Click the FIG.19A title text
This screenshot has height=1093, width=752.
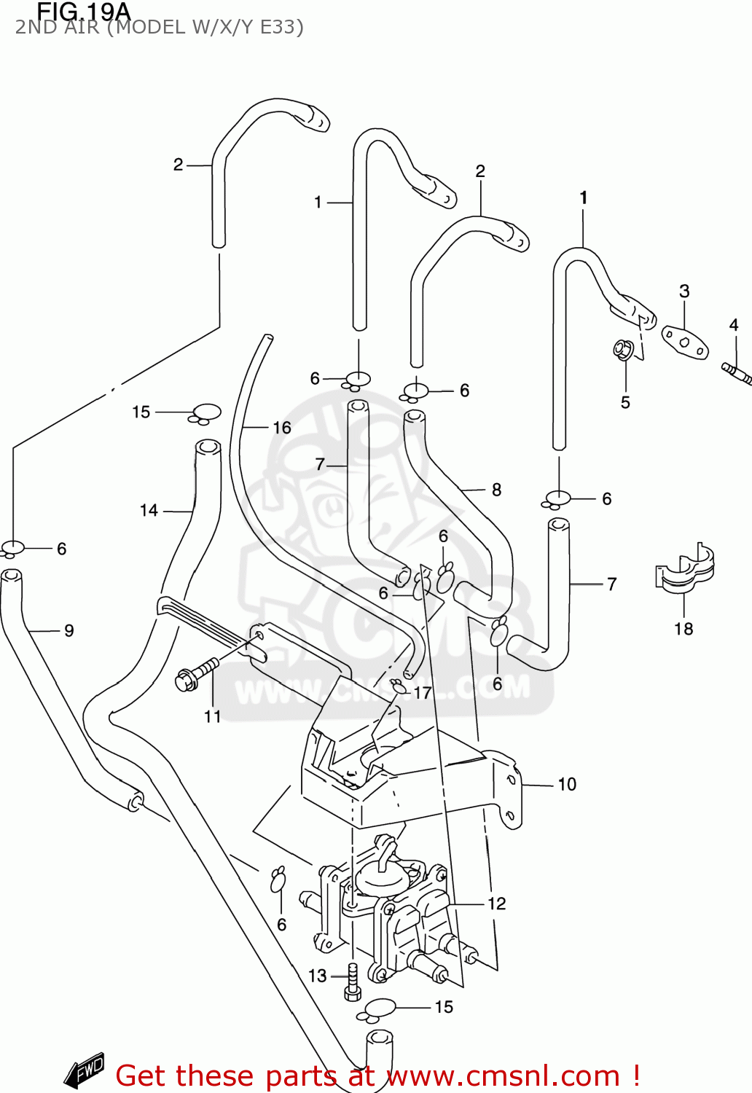[x=83, y=12]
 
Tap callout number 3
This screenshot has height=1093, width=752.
[x=684, y=291]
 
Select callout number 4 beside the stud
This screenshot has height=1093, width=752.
[x=734, y=325]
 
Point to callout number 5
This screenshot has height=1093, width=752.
[x=625, y=402]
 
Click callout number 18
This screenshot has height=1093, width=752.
[x=684, y=629]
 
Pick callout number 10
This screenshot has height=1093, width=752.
[x=567, y=784]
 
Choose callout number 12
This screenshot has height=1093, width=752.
[x=497, y=904]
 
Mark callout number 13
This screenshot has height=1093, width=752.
[x=318, y=976]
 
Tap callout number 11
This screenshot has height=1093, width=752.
[x=212, y=717]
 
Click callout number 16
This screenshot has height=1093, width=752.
[x=282, y=428]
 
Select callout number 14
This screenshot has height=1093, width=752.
[x=149, y=511]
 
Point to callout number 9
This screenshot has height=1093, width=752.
[x=69, y=630]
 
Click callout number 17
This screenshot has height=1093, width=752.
[x=423, y=693]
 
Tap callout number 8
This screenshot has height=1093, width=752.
[x=496, y=490]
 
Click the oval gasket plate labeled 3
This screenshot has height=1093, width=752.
[x=685, y=342]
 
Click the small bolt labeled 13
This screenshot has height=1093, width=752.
[x=353, y=982]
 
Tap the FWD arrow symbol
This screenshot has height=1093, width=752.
[x=85, y=1070]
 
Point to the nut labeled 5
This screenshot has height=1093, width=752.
[x=622, y=350]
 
